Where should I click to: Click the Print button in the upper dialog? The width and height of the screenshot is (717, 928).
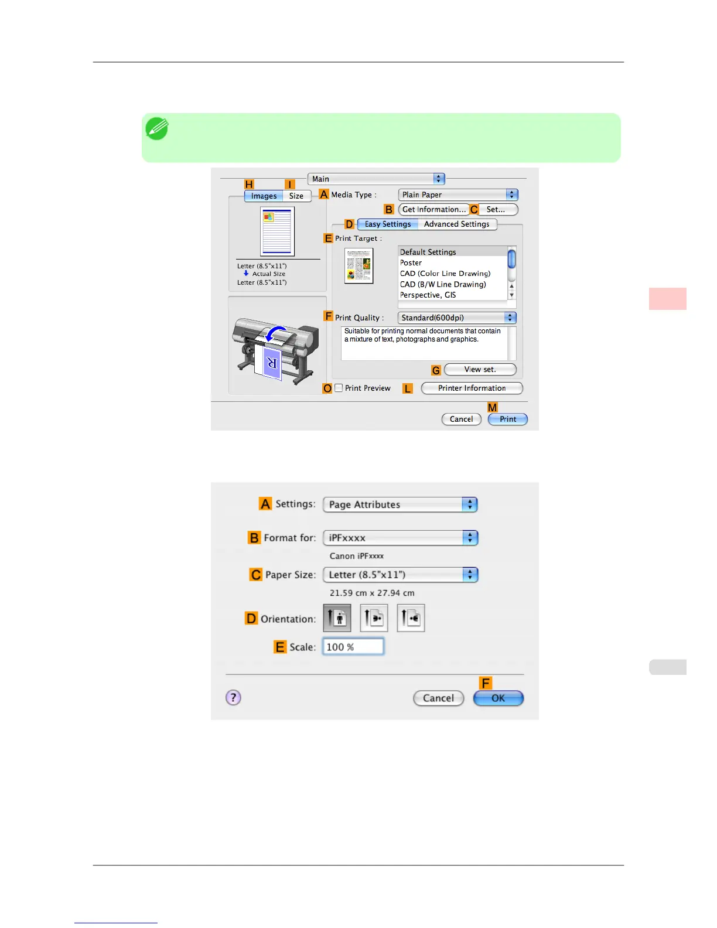(x=507, y=419)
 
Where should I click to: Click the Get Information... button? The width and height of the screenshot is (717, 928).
(x=433, y=209)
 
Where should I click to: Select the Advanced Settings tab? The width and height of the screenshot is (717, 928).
(x=456, y=224)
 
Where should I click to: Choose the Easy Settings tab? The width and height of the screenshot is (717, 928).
(x=387, y=224)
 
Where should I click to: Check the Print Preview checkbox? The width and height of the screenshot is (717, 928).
(x=339, y=388)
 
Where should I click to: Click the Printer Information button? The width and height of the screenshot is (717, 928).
(x=472, y=388)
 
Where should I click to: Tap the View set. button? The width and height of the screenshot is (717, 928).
(x=480, y=369)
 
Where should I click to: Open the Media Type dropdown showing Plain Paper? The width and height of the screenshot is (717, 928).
(x=458, y=195)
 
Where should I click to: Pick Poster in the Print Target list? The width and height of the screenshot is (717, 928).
(x=411, y=262)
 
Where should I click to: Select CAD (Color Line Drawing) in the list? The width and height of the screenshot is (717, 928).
(x=445, y=274)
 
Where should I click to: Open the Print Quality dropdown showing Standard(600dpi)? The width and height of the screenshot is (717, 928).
(x=457, y=318)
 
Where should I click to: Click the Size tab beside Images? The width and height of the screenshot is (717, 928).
(x=296, y=196)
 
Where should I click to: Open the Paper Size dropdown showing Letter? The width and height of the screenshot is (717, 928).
(x=401, y=575)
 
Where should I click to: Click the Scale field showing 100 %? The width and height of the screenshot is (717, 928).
(x=353, y=647)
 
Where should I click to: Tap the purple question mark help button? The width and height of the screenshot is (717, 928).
(x=233, y=697)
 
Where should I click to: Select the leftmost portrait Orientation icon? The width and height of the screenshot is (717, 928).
(x=337, y=618)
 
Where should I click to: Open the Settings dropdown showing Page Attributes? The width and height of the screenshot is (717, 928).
(x=401, y=504)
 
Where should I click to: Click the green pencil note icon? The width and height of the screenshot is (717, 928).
(x=157, y=129)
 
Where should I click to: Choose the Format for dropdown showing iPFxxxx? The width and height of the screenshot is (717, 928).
(x=401, y=538)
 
